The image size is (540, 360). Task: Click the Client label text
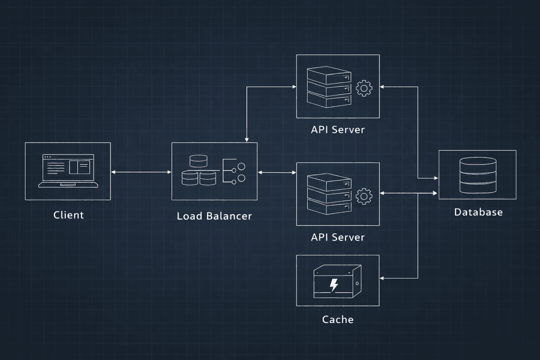coord(68,215)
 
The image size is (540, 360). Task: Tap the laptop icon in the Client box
coord(68,171)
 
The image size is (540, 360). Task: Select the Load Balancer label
coord(214,216)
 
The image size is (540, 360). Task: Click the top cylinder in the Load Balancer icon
coord(198,161)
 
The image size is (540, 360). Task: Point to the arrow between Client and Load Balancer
coord(141,172)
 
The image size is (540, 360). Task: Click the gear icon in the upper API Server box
coord(364,88)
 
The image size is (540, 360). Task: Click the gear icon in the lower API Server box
coord(364,196)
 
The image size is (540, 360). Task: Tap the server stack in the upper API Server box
coord(329,87)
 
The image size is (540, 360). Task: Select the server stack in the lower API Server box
coord(329,194)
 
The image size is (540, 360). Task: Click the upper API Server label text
coord(337,130)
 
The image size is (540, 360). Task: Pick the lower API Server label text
coord(337,237)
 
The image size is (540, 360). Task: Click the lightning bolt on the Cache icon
coord(333,285)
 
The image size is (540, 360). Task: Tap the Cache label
coord(337,319)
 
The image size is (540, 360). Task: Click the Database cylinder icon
coord(478,175)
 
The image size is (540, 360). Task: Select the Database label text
coord(478,212)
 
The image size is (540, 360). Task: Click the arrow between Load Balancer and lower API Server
coord(277,172)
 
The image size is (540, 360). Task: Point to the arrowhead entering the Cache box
coord(382,278)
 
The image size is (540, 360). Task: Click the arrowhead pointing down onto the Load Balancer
coord(246,139)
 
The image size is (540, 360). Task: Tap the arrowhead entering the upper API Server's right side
coord(382,87)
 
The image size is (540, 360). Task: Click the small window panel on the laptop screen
coord(79,167)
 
